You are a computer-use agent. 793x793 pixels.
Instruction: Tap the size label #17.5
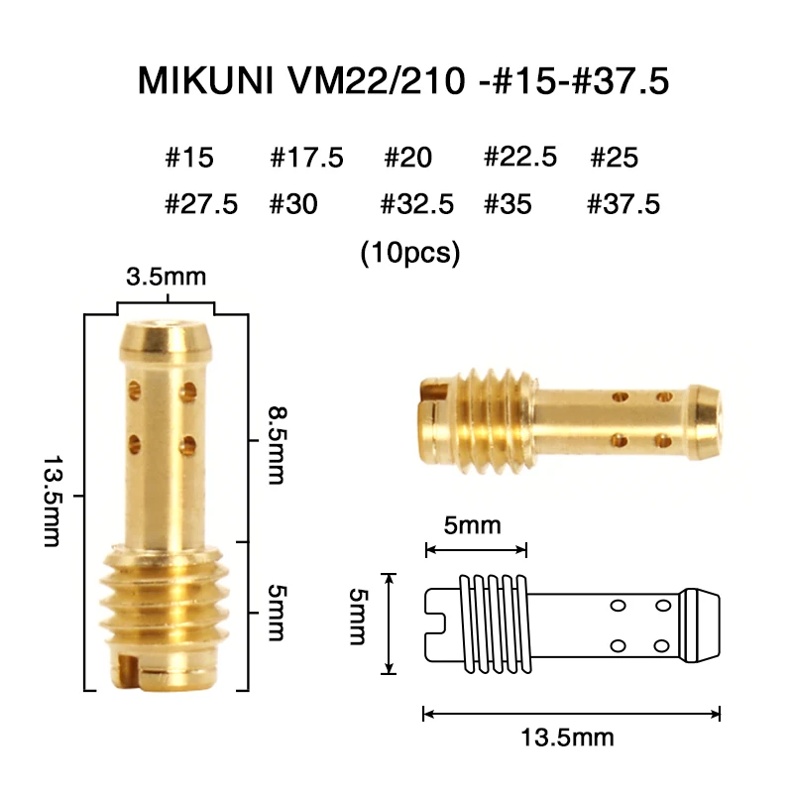[306, 158]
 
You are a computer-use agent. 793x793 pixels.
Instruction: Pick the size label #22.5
[520, 157]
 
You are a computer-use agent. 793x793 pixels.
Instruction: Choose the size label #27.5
[201, 205]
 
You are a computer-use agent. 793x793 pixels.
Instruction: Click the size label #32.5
[417, 205]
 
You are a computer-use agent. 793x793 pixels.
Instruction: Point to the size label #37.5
[623, 205]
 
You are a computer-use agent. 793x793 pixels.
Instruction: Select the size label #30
[293, 205]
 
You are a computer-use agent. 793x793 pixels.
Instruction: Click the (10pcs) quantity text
[410, 253]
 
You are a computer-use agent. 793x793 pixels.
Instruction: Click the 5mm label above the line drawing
[473, 525]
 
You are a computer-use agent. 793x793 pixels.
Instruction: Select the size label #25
[614, 158]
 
